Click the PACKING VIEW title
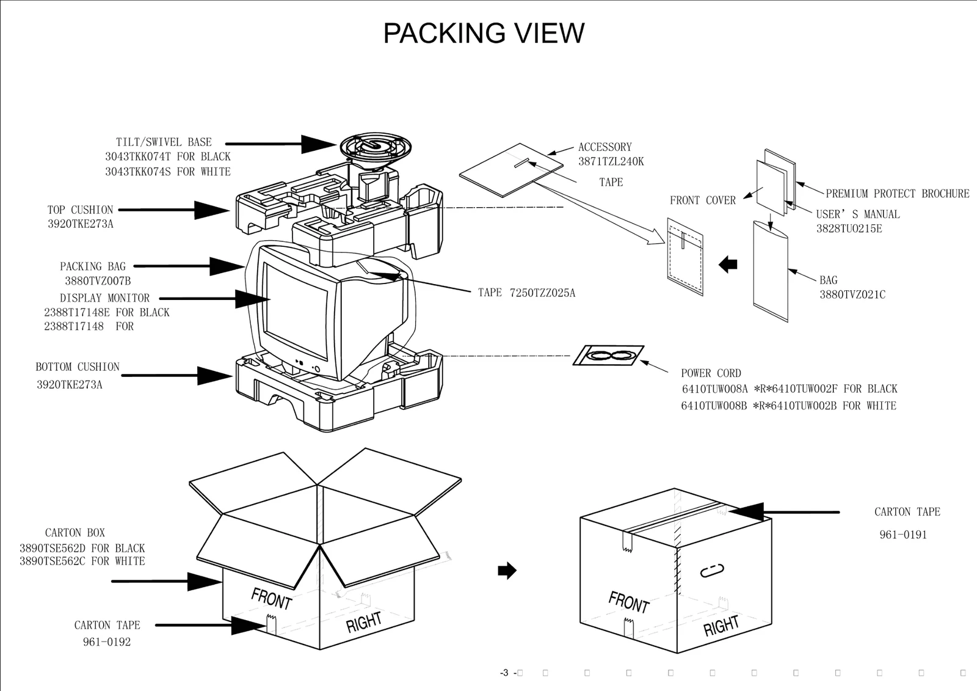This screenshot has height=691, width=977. [x=483, y=34]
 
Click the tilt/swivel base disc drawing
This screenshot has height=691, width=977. [x=375, y=147]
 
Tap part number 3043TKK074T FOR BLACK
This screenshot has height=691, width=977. [x=167, y=157]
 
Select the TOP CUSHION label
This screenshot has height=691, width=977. [x=80, y=210]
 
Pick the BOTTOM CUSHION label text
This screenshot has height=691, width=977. [x=78, y=367]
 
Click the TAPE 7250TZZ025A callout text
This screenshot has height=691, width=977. [x=526, y=293]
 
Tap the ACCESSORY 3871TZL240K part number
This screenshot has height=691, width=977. [x=611, y=162]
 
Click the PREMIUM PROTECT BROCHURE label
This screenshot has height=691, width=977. [x=897, y=194]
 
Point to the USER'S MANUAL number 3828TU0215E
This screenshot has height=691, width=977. [x=849, y=229]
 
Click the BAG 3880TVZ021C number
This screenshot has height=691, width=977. [x=852, y=295]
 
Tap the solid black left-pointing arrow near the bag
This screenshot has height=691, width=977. [x=728, y=265]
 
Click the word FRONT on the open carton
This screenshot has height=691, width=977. [x=272, y=599]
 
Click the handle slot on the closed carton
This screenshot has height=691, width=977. [x=711, y=571]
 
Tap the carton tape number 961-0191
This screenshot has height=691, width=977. [x=903, y=535]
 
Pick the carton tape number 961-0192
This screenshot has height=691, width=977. [x=107, y=642]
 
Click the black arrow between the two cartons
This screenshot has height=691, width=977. [x=507, y=571]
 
